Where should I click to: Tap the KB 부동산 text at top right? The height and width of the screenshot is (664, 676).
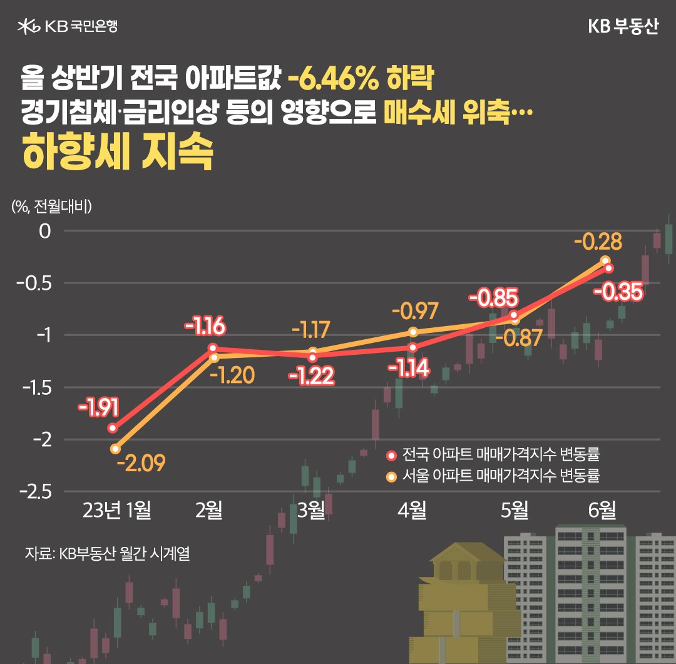pyautogui.click(x=623, y=27)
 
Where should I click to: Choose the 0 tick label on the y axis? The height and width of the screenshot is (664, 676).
pyautogui.click(x=44, y=231)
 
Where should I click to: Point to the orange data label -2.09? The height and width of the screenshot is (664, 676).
pyautogui.click(x=140, y=464)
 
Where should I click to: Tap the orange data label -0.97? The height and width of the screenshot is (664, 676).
pyautogui.click(x=415, y=311)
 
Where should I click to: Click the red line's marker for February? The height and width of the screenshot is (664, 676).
pyautogui.click(x=213, y=348)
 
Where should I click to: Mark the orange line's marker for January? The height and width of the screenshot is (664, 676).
pyautogui.click(x=115, y=449)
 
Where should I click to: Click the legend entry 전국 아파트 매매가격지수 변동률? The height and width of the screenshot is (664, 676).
pyautogui.click(x=497, y=454)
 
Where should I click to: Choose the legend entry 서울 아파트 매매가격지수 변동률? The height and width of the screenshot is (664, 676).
pyautogui.click(x=497, y=476)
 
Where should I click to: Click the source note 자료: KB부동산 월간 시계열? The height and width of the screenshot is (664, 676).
pyautogui.click(x=107, y=554)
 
